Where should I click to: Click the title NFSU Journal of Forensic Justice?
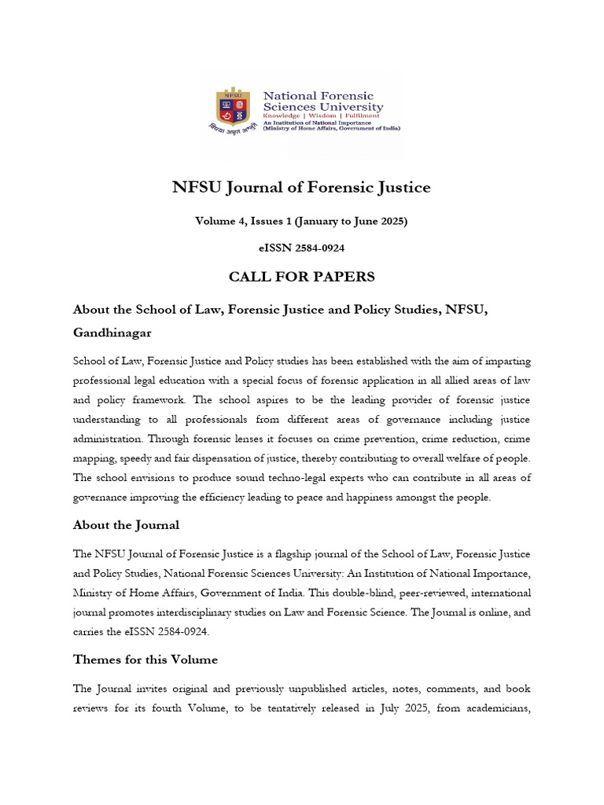click(x=301, y=187)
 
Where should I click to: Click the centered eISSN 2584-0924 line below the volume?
click(x=301, y=248)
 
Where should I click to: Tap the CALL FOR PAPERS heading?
click(x=301, y=277)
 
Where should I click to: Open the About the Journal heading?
click(x=126, y=524)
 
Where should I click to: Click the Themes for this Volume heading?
click(x=145, y=659)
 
